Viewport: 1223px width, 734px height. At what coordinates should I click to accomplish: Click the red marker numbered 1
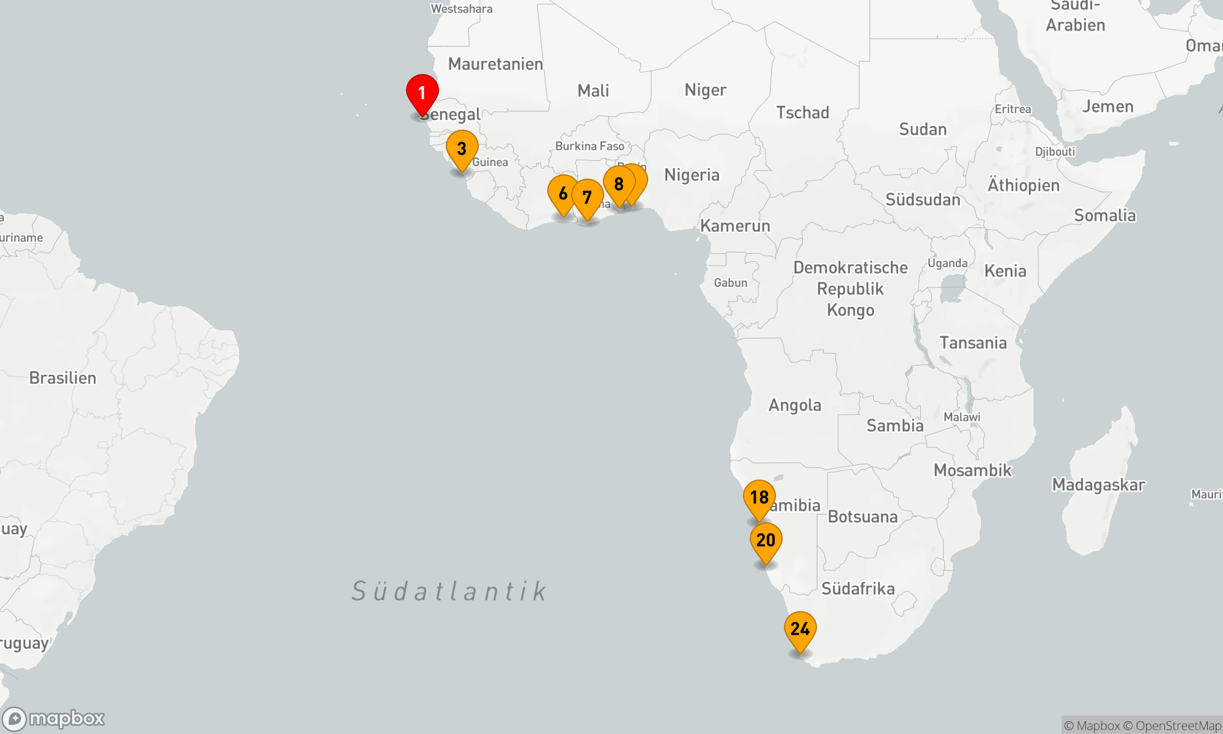click(422, 94)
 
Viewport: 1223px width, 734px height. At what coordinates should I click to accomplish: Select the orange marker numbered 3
click(462, 149)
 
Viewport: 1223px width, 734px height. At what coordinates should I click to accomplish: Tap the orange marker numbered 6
click(563, 194)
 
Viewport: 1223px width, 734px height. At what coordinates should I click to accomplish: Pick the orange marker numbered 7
click(587, 198)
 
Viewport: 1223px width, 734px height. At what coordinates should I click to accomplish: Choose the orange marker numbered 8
click(619, 184)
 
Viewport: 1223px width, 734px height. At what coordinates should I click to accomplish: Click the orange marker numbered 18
click(759, 498)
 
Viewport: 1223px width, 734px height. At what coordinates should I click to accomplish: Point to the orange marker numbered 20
click(766, 541)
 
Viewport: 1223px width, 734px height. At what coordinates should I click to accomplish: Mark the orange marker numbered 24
click(800, 629)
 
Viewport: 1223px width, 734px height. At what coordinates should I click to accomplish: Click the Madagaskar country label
click(1098, 485)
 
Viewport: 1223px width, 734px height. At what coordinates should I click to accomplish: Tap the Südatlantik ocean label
click(449, 591)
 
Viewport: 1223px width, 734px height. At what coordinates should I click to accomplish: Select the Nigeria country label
click(692, 176)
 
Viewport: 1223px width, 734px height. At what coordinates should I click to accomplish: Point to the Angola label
click(794, 406)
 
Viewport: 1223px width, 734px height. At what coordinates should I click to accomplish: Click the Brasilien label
click(63, 378)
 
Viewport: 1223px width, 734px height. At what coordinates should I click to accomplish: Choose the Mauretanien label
click(495, 64)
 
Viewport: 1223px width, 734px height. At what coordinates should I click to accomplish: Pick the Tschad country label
click(802, 113)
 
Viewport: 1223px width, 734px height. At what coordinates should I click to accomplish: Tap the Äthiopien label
click(1023, 185)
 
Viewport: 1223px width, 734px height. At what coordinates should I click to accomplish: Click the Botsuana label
click(862, 517)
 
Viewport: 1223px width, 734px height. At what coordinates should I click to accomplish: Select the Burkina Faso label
click(589, 146)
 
